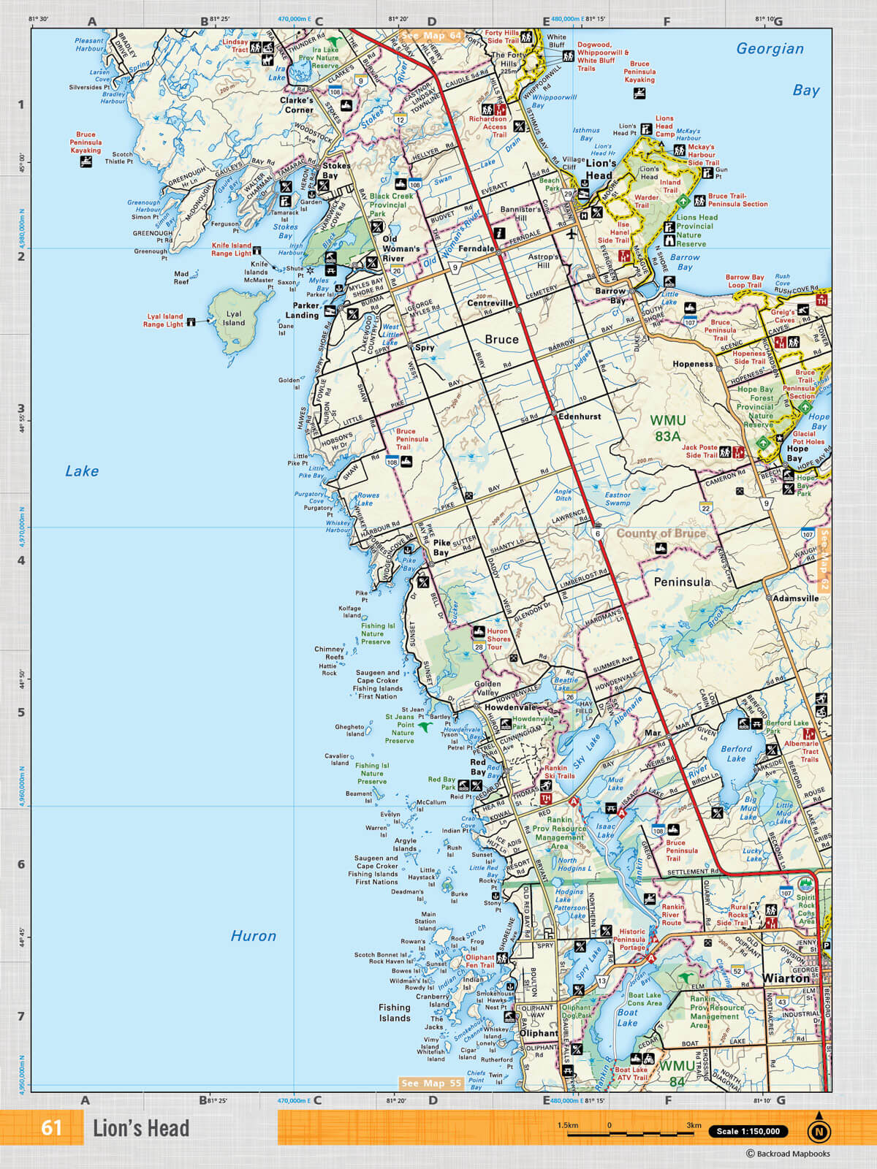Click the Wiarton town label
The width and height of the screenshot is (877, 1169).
(786, 978)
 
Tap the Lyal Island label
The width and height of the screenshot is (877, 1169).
(234, 319)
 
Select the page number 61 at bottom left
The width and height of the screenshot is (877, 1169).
(51, 1127)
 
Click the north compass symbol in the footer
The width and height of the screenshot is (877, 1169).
(819, 1130)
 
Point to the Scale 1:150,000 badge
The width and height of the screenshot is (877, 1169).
(748, 1131)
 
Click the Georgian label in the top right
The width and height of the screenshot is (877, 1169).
(770, 49)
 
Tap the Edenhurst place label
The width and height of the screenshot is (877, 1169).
(580, 416)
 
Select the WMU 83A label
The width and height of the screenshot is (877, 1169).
(668, 428)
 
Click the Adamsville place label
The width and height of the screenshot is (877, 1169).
(796, 598)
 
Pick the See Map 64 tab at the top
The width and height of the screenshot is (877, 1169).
(432, 35)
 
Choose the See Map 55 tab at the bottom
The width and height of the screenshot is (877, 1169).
(430, 1083)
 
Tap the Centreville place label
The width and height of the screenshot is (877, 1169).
(490, 303)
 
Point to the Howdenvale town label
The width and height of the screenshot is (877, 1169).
(509, 707)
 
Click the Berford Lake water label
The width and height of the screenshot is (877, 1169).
(736, 753)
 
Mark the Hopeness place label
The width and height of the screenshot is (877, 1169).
(692, 364)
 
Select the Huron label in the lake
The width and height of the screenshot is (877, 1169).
(253, 936)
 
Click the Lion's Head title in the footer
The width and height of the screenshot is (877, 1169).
(140, 1128)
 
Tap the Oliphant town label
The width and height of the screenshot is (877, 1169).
(539, 1033)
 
